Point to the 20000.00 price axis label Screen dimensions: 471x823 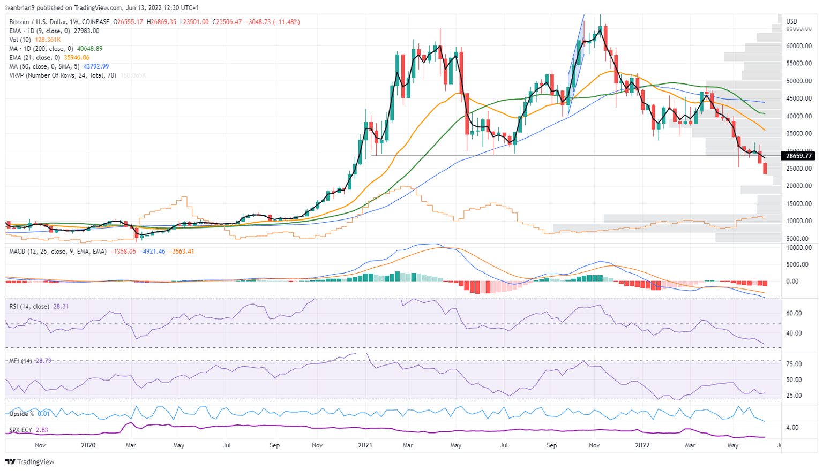[798, 186]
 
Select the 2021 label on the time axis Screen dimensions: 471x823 [365, 445]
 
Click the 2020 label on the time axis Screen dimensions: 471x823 [88, 445]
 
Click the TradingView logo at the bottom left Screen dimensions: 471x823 [30, 462]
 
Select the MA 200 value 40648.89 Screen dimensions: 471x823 [89, 49]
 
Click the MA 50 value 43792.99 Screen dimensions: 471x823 [96, 66]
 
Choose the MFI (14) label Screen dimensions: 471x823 [20, 361]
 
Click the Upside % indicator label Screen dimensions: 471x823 [21, 414]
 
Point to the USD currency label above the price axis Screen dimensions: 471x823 [791, 21]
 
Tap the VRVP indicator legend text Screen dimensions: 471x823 [63, 75]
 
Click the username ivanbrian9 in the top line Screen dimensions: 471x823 [21, 8]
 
